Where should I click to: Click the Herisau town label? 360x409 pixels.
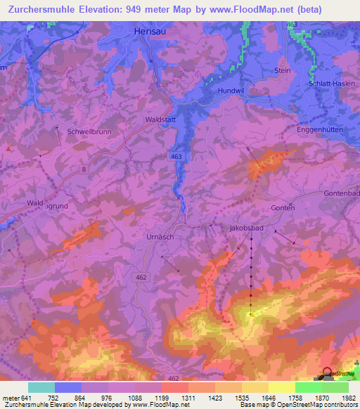150,32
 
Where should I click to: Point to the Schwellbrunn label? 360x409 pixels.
89,131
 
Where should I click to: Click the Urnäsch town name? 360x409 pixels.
160,238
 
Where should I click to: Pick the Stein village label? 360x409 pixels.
283,71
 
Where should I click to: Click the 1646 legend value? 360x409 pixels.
259,397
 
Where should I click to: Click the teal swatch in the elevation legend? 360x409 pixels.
41,387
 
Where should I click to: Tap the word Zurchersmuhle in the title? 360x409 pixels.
36,10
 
